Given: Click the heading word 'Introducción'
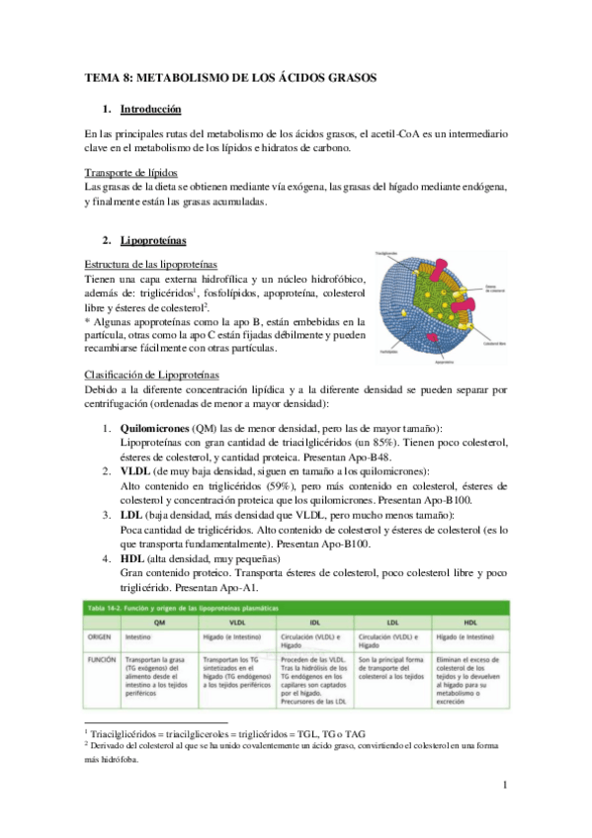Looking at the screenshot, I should tap(149, 108).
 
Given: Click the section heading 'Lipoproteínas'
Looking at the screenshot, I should tap(153, 239).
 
